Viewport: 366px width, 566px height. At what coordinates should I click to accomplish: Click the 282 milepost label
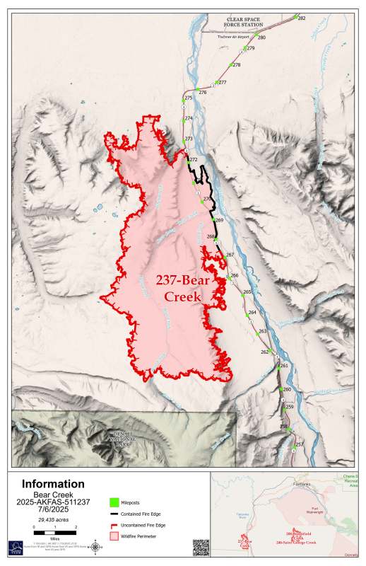click(x=302, y=18)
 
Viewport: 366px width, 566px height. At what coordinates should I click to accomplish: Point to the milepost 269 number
click(x=219, y=221)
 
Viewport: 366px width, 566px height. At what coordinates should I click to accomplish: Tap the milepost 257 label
click(x=299, y=444)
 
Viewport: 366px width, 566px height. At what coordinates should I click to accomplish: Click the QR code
click(x=201, y=547)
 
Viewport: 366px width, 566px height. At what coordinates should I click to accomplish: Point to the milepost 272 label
click(x=193, y=160)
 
